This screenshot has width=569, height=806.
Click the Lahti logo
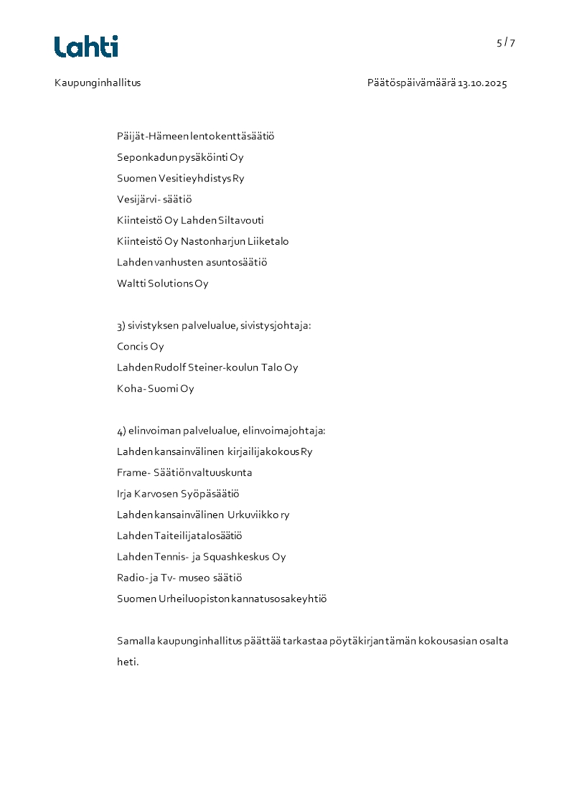[86, 47]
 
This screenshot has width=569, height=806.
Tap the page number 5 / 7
[506, 42]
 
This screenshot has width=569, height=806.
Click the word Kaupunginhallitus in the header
[98, 83]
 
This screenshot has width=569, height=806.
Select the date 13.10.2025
[482, 83]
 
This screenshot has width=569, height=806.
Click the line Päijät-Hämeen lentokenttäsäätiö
[195, 136]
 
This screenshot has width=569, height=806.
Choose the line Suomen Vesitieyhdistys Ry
[180, 178]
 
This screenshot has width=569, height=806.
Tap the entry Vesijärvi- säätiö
[154, 199]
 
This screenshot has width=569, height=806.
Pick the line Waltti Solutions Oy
[162, 283]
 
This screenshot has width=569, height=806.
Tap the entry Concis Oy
[140, 347]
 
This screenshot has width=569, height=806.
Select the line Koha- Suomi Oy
[155, 389]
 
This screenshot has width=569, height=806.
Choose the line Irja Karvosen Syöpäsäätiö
[177, 494]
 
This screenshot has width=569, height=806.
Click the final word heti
[127, 662]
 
